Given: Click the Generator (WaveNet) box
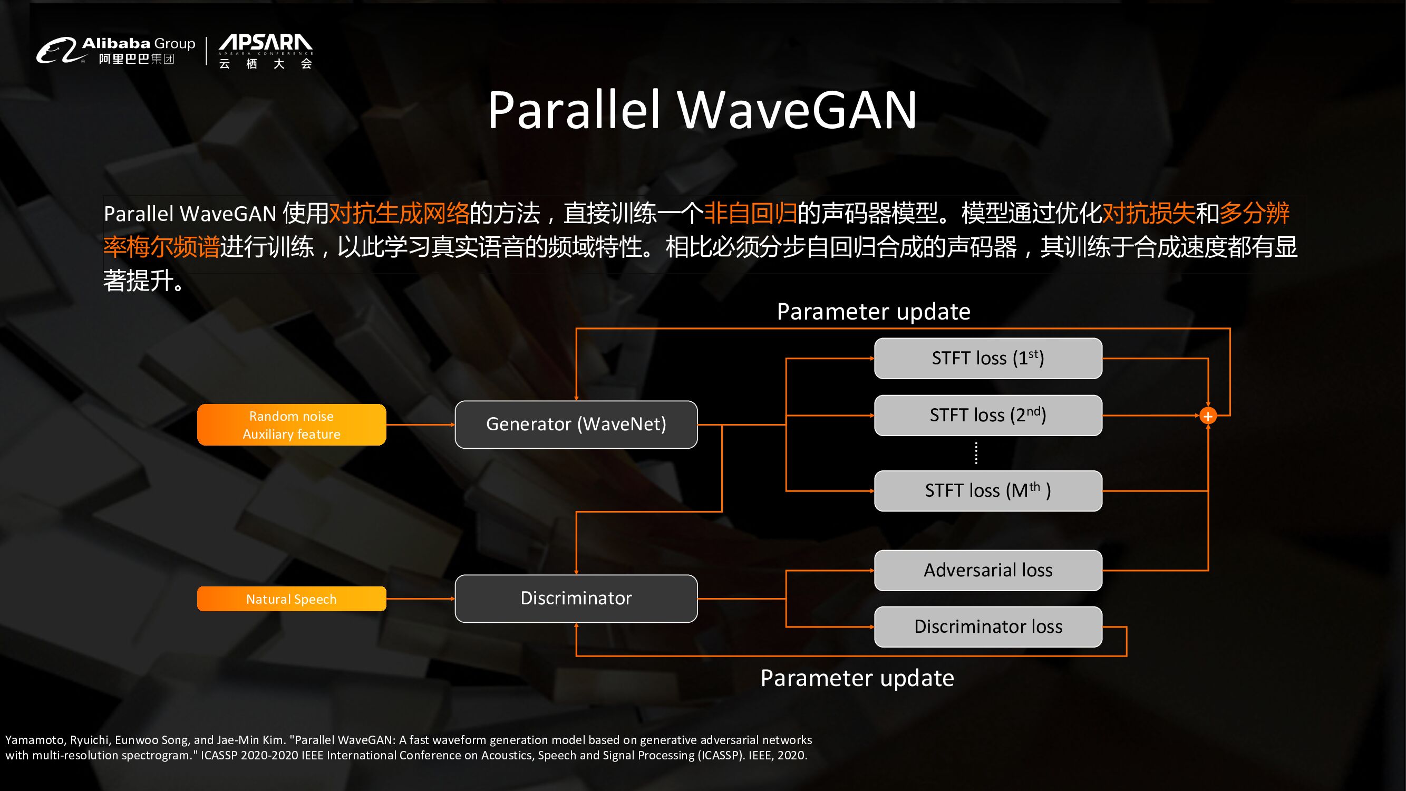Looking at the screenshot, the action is [x=576, y=424].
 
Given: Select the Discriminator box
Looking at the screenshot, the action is [x=576, y=599].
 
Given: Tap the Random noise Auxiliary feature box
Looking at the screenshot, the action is [x=292, y=425].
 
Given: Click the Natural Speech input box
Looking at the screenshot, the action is [x=292, y=599].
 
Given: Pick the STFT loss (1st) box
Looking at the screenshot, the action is [x=988, y=358].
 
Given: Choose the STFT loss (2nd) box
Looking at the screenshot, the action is [x=988, y=416].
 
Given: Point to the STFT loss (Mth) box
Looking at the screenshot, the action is [x=988, y=491].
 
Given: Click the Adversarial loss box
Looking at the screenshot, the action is [x=988, y=571].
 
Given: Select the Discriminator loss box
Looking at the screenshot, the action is [x=988, y=626].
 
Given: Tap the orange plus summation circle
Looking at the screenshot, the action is [x=1208, y=417].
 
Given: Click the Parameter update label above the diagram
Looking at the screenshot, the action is [x=874, y=312].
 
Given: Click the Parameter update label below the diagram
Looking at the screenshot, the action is [x=857, y=678].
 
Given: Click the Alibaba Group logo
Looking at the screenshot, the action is [x=115, y=50].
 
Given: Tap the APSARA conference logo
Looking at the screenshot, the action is [x=266, y=51].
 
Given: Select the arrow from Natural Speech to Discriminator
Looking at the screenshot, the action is [x=420, y=599].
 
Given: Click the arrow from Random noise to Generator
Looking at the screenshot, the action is [x=420, y=424].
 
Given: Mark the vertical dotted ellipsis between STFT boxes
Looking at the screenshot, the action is [x=976, y=453].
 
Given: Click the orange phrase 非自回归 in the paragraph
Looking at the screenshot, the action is [x=751, y=213].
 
